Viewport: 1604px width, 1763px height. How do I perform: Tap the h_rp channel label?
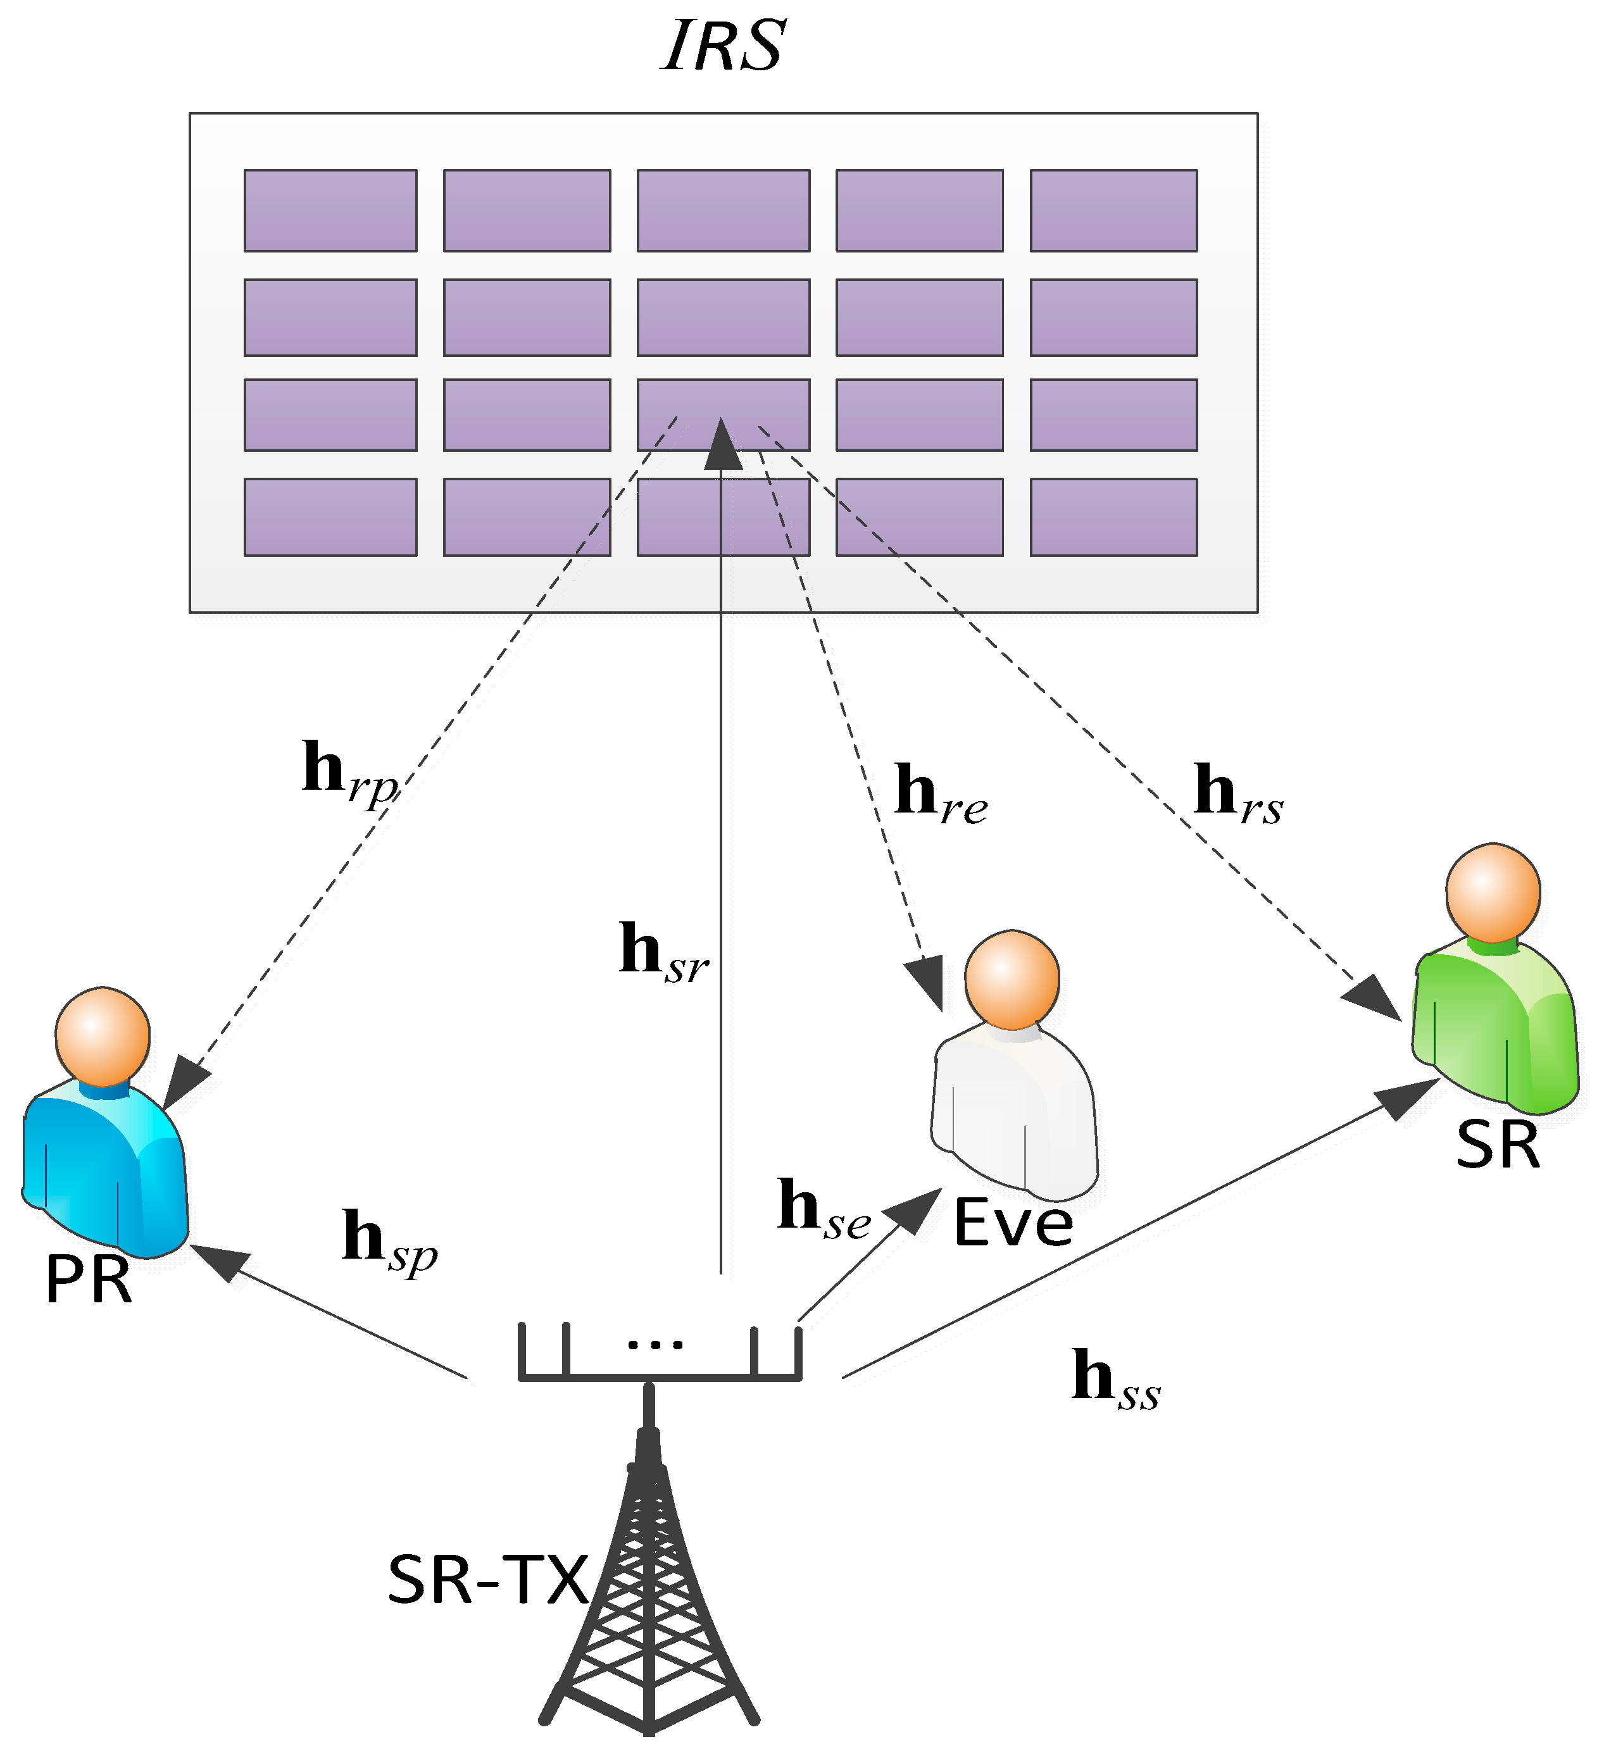click(x=350, y=773)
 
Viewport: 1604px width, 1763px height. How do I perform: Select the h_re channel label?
click(x=940, y=794)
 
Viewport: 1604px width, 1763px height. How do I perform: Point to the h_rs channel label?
click(x=1237, y=794)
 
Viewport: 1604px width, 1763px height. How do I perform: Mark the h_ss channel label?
click(x=1115, y=1380)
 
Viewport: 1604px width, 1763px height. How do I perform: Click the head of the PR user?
click(x=103, y=1037)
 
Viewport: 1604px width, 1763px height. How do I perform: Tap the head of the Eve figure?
click(x=1012, y=980)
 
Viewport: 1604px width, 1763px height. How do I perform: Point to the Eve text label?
click(x=1013, y=1224)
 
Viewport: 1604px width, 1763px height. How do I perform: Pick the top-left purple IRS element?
click(x=330, y=210)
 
